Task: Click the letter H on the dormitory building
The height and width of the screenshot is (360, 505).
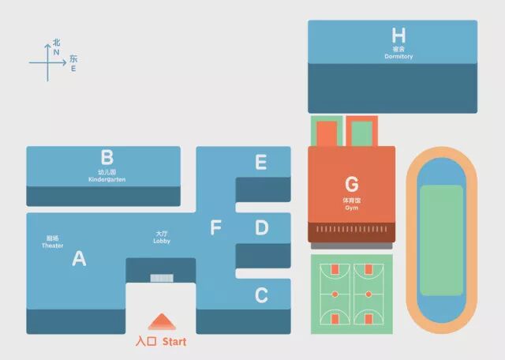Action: coord(398,36)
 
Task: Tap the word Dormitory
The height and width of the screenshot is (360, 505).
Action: coord(398,57)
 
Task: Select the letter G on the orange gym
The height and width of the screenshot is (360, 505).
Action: coord(352,185)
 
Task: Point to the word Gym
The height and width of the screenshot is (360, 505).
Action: coord(352,208)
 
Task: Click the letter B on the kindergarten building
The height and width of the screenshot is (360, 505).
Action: coord(107,157)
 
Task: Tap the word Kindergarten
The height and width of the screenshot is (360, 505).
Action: coord(107,179)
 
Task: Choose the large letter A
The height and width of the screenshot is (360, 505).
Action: coord(79,258)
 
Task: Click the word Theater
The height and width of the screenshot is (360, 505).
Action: coord(52,246)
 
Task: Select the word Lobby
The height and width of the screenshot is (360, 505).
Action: coord(162,241)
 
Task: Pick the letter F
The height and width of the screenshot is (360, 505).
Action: coord(215,229)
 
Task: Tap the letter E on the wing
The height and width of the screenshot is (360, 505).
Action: coord(261,163)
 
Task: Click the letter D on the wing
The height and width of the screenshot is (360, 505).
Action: coord(261,228)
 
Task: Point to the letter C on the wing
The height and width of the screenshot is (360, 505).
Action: coord(261,295)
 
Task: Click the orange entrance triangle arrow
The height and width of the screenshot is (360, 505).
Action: coord(161,322)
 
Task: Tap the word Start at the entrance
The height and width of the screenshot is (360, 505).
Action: coord(174,342)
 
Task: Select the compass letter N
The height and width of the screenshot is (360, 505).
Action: coord(56,51)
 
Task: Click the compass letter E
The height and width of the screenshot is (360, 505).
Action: coord(73,69)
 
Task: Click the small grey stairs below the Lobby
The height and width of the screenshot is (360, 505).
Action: coord(162,278)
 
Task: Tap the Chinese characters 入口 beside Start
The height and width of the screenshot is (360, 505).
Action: coord(146,342)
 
